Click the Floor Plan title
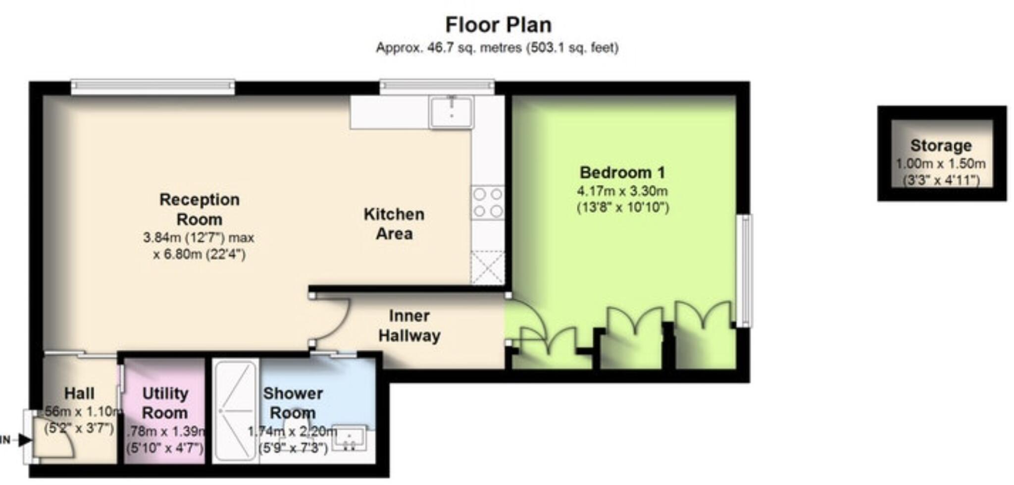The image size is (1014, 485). [x=498, y=25]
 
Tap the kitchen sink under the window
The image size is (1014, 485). [x=451, y=112]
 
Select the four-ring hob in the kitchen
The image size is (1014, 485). [x=488, y=203]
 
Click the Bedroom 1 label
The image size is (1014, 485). [x=622, y=173]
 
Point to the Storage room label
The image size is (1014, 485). [x=941, y=146]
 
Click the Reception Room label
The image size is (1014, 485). [x=199, y=209]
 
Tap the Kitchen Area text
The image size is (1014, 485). [x=394, y=224]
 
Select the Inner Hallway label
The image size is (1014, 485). [x=409, y=325]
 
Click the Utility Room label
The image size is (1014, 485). [x=165, y=403]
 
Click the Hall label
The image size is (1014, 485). [x=79, y=393]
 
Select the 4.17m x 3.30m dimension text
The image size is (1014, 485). [x=622, y=191]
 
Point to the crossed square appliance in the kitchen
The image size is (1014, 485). [x=488, y=268]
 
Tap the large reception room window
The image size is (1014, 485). [x=152, y=87]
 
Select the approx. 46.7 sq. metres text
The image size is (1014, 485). [x=497, y=48]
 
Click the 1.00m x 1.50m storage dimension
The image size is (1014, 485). [x=941, y=163]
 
